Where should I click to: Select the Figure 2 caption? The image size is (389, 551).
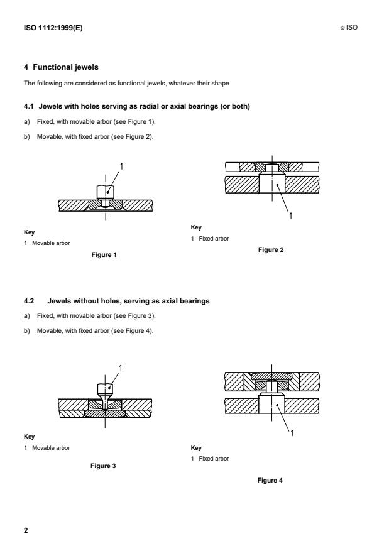(272, 249)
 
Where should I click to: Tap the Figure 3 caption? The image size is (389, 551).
(105, 466)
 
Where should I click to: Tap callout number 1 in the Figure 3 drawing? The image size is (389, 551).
(120, 367)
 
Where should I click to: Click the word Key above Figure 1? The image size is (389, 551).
(28, 231)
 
